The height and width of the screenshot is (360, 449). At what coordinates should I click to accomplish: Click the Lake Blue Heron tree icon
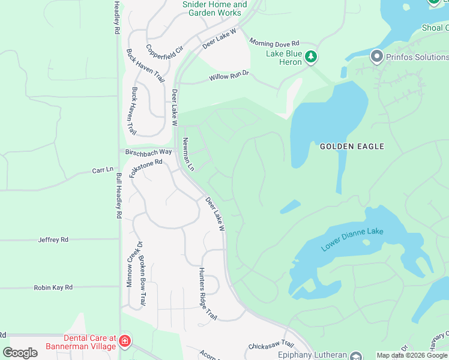pos(310,57)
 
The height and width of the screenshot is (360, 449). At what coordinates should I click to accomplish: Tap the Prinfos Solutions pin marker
pos(377,57)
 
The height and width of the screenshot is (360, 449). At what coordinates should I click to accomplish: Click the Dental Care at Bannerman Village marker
pos(125,341)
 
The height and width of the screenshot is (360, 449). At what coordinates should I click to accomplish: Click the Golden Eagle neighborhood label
pos(352,146)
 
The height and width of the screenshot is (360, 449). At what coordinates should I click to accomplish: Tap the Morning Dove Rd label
pos(274,44)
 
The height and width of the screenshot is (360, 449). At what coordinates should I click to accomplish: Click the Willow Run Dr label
pos(229,77)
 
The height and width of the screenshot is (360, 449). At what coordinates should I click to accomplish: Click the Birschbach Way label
pos(148,152)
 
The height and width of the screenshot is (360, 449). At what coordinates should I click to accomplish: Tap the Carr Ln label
pos(102,170)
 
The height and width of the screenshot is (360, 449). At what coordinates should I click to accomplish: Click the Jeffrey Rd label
pos(53,239)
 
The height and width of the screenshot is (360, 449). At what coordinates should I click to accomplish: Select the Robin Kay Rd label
pos(53,287)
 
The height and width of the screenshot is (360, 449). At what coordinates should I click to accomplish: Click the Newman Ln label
pos(188,154)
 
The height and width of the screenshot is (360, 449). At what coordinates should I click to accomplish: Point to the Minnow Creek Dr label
pos(130,264)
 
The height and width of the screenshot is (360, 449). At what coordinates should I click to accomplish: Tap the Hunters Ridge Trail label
pos(208,293)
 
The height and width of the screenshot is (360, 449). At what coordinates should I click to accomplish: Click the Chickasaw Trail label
pos(271,346)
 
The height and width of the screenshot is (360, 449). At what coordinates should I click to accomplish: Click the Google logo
pos(20,352)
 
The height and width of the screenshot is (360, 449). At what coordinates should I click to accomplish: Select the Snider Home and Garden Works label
pos(214,9)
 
